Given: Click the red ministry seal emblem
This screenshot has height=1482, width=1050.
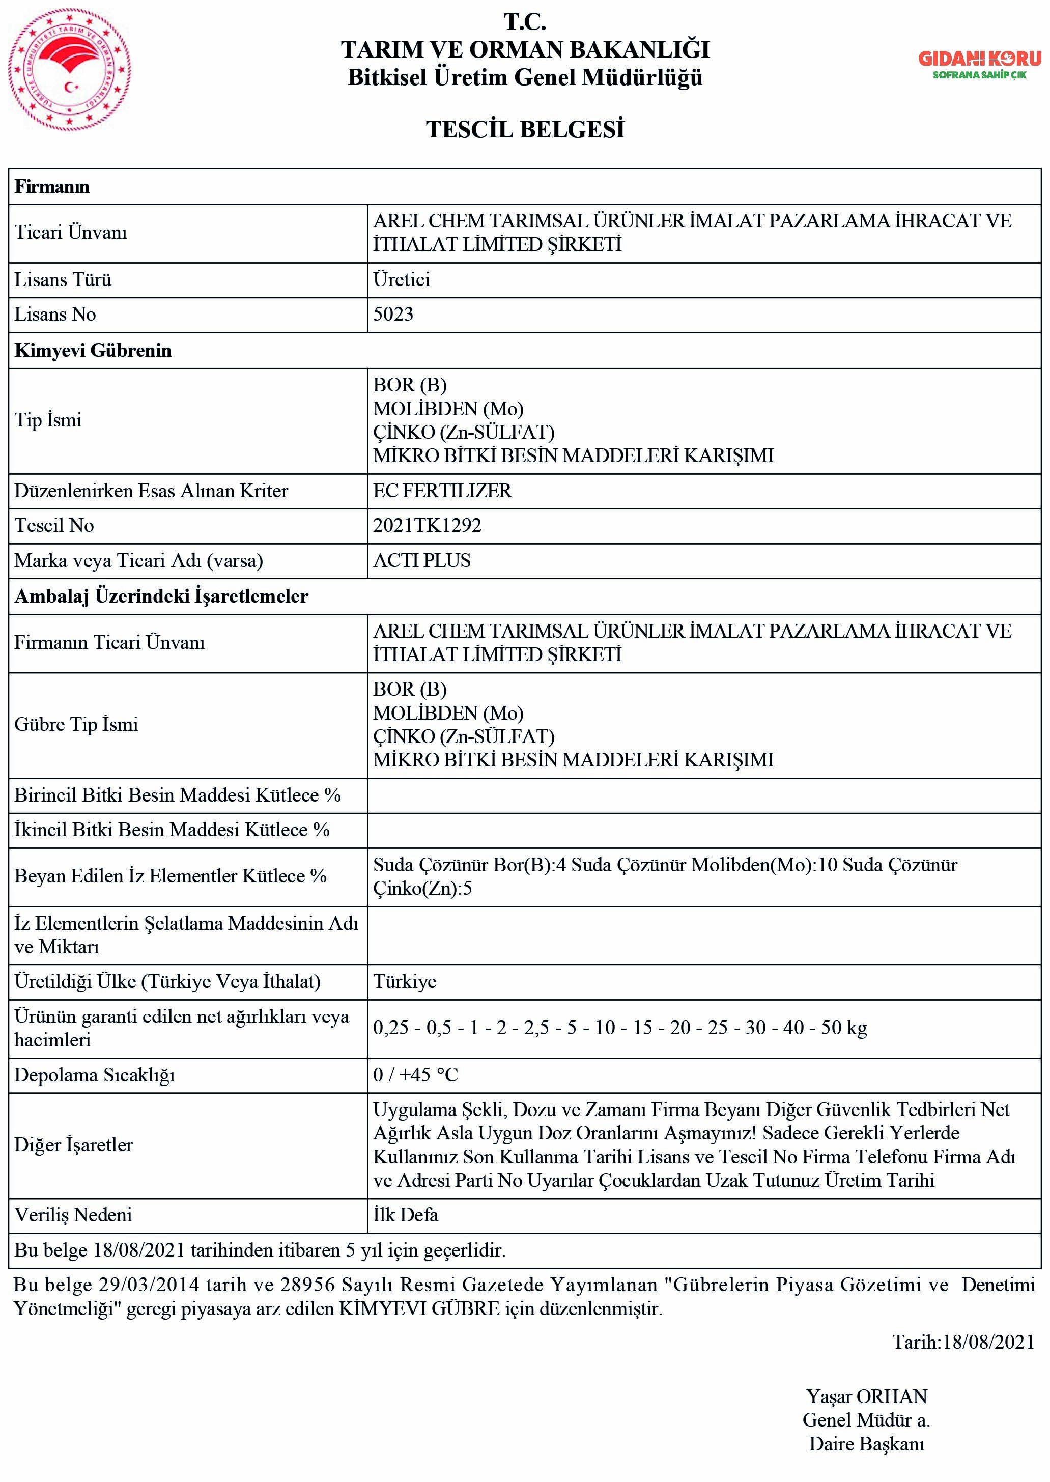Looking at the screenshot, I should coord(69,69).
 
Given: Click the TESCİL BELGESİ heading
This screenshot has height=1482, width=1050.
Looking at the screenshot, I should coord(525,130).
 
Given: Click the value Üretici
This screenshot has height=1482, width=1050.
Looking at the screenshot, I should coord(402,280).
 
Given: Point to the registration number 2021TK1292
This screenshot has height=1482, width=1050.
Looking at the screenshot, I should coord(428,525).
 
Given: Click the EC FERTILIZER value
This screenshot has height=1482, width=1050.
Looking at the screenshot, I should coord(442,491).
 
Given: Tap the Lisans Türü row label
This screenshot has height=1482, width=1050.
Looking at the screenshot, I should coord(63,280).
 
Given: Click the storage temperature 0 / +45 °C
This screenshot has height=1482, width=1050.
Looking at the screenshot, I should coord(415,1075).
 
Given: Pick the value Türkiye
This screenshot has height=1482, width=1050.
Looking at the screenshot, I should coord(405,982).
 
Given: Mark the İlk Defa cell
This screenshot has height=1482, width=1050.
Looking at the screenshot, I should coord(405,1215).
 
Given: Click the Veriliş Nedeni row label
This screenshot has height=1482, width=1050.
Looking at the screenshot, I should coord(73,1215).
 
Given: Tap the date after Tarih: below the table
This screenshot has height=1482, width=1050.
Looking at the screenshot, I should coord(988,1343).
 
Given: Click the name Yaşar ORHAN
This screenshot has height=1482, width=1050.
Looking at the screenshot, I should coord(866,1396).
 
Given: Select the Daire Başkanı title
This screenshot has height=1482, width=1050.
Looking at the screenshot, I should coord(866,1444).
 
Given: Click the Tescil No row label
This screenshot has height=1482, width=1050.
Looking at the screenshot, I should coord(54,525).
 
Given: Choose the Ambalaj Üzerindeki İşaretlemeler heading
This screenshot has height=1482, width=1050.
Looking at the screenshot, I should coord(162,596).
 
